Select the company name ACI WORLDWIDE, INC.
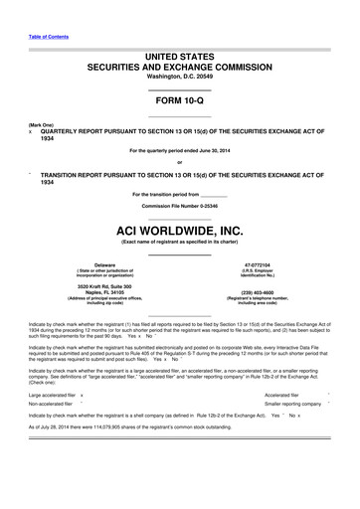point(179,230)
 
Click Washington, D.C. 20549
point(179,77)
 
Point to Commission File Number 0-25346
point(179,205)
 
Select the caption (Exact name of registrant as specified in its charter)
point(179,243)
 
